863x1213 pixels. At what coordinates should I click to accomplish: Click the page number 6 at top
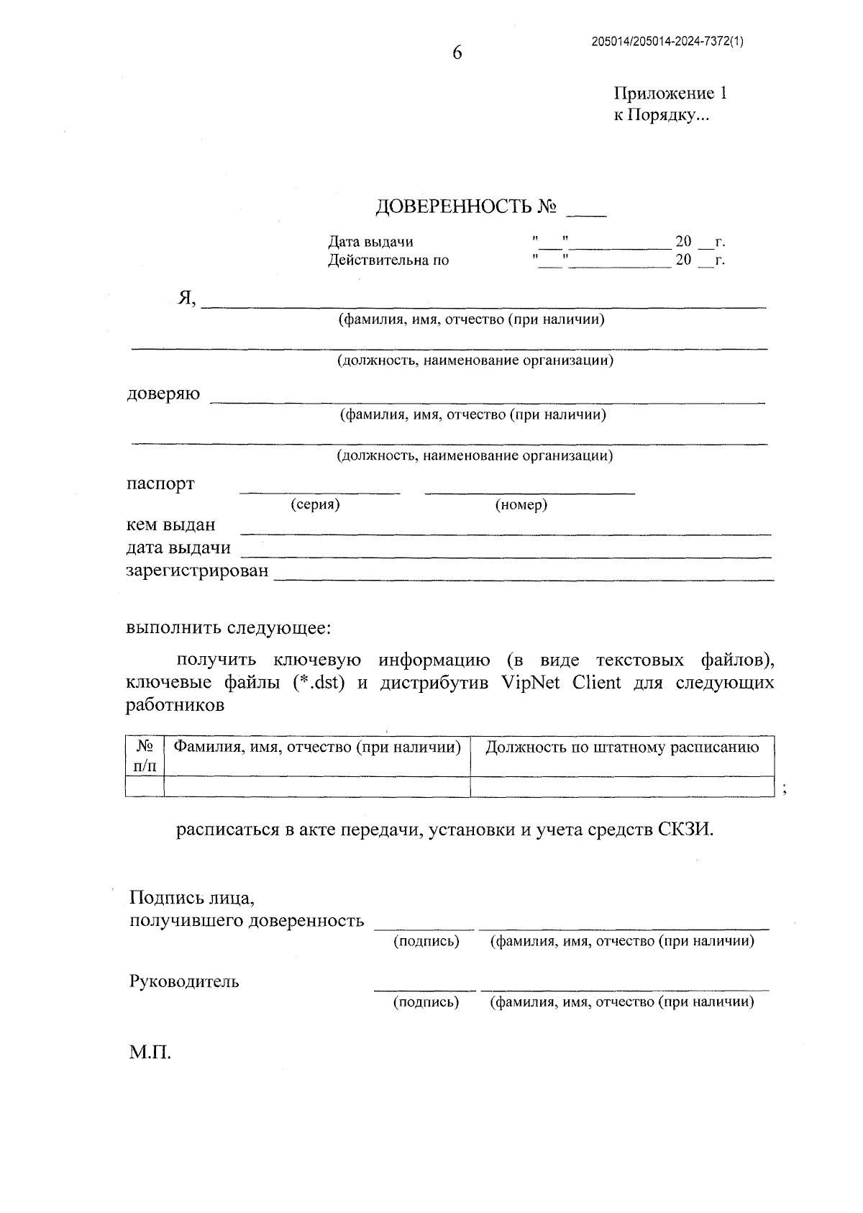click(457, 53)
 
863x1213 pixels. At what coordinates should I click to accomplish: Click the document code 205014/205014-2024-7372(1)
click(667, 42)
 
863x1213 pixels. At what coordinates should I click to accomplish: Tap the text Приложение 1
click(670, 94)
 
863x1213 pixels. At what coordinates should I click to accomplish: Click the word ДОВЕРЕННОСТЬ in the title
click(454, 207)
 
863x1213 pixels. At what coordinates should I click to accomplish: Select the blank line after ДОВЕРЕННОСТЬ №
click(586, 213)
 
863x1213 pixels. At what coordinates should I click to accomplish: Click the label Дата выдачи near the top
click(370, 242)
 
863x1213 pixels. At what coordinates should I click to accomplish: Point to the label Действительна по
click(388, 260)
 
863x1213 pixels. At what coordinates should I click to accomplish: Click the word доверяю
click(163, 394)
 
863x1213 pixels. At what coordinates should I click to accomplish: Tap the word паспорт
click(160, 483)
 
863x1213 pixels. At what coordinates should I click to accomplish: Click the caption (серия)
click(315, 505)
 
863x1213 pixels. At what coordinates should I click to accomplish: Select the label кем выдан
click(170, 525)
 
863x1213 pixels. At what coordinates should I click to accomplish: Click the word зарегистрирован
click(197, 571)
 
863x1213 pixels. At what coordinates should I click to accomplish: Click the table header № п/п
click(145, 755)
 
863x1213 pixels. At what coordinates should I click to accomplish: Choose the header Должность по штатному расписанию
click(622, 748)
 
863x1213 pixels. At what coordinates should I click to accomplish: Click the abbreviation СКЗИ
click(686, 830)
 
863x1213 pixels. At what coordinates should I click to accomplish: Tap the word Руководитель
click(184, 981)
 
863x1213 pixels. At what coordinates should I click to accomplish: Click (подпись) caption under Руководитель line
click(426, 1002)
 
